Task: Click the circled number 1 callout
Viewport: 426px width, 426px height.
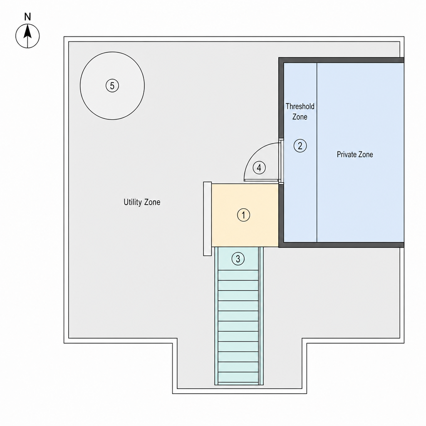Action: pos(243,215)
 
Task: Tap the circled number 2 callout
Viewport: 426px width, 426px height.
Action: pos(300,146)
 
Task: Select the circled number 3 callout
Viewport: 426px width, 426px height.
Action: pos(238,259)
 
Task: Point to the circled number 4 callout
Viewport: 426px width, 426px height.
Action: pos(259,168)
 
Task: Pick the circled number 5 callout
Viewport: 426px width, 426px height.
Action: pos(112,86)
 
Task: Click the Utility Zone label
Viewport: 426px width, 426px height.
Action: pos(142,202)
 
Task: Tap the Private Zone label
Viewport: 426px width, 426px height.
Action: pos(355,154)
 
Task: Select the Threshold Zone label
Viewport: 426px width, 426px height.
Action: pos(300,111)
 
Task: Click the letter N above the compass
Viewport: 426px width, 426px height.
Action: pos(27,17)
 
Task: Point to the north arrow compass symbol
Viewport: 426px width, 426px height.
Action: pos(27,36)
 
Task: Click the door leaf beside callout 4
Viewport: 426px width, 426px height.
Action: pos(261,180)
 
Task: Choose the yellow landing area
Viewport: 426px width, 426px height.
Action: pos(245,215)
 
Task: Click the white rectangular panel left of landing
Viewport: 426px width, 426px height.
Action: pos(207,219)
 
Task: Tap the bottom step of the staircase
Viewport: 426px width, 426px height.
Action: pos(238,377)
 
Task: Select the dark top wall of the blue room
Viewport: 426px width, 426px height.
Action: pos(341,60)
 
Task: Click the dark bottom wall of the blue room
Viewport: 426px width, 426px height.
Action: pos(341,245)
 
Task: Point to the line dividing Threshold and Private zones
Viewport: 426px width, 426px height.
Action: pos(317,152)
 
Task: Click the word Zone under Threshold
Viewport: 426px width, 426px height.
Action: pos(300,117)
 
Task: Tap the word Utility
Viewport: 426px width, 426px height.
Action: pos(133,202)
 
